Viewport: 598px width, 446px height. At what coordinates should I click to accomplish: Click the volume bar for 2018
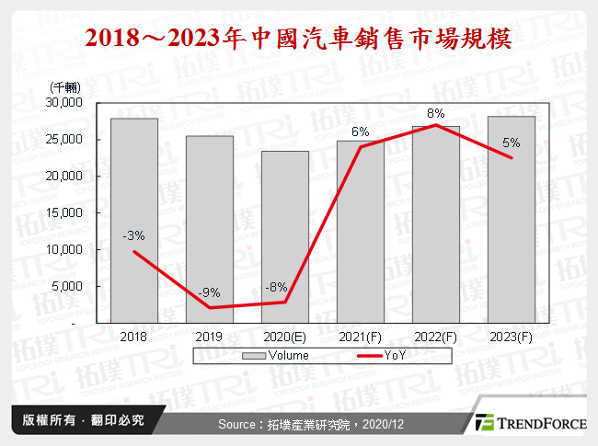point(133,221)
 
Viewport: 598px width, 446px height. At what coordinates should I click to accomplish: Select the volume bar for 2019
point(209,230)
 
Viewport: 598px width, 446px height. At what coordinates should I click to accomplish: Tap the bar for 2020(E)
point(284,237)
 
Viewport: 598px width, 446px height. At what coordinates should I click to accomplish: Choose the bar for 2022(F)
point(435,224)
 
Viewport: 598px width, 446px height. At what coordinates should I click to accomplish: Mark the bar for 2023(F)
point(511,220)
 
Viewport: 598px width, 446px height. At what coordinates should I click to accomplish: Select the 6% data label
point(360,132)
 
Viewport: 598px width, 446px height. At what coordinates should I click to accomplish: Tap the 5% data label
point(511,143)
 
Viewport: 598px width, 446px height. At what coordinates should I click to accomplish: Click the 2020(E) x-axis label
point(284,337)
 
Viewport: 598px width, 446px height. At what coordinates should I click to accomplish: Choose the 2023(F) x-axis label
point(511,337)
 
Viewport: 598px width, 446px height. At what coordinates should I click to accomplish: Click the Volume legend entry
point(277,355)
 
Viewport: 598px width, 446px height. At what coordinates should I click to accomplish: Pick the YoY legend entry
point(385,355)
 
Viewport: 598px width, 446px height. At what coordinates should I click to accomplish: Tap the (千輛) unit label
point(63,86)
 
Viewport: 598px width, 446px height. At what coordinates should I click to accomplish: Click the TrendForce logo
point(528,423)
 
